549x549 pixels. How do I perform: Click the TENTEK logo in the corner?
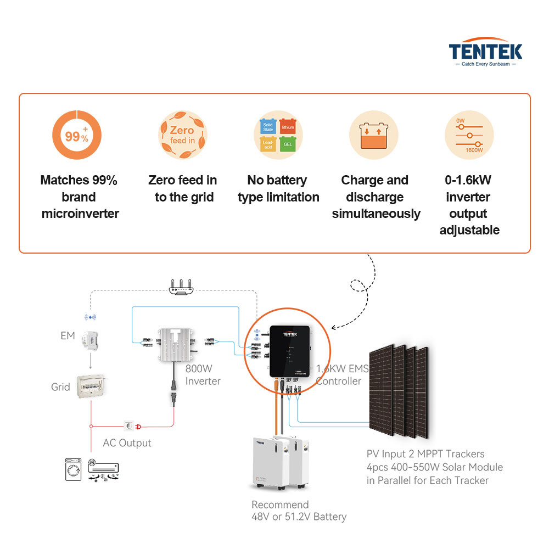click(485, 53)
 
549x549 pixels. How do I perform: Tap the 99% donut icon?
click(77, 135)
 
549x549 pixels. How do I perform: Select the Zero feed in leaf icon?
click(183, 135)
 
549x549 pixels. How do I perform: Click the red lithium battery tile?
click(287, 127)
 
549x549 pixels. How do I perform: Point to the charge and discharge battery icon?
click(374, 135)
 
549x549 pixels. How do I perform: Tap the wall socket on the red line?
click(130, 425)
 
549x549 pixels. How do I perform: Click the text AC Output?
click(127, 443)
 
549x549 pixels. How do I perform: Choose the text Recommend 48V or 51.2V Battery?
click(299, 511)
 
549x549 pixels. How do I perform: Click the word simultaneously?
click(376, 214)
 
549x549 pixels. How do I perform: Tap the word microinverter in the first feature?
click(80, 214)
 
